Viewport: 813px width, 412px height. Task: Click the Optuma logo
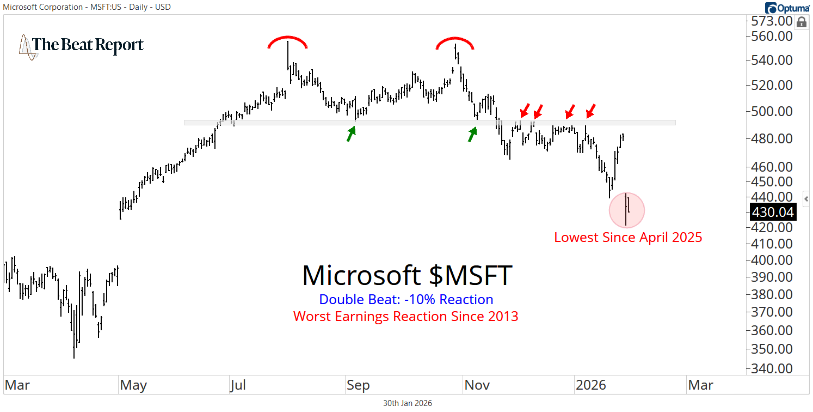(x=786, y=8)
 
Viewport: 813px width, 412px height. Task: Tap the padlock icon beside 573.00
(x=801, y=22)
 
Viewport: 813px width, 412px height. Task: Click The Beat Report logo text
(x=87, y=45)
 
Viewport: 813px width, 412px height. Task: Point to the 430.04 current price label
(x=772, y=212)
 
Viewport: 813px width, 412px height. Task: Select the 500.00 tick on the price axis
(x=771, y=112)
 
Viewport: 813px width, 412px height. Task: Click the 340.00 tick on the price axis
(x=771, y=368)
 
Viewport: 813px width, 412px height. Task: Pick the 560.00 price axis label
(x=771, y=37)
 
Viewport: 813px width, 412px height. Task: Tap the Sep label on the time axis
(x=358, y=385)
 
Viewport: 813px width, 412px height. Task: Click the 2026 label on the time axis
(x=590, y=385)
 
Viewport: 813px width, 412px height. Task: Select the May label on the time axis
(x=133, y=385)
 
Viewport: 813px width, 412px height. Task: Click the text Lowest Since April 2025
(x=628, y=238)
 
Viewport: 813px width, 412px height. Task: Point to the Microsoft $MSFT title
(x=407, y=275)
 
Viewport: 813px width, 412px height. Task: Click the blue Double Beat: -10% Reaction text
(x=406, y=300)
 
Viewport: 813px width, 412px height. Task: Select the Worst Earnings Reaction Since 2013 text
(x=405, y=316)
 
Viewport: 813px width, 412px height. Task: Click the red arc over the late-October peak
(x=455, y=43)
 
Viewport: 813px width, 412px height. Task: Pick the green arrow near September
(x=352, y=133)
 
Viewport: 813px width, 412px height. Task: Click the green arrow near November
(x=472, y=134)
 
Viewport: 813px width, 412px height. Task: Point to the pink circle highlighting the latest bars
(x=627, y=210)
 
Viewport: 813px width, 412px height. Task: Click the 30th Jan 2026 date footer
(x=408, y=403)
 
